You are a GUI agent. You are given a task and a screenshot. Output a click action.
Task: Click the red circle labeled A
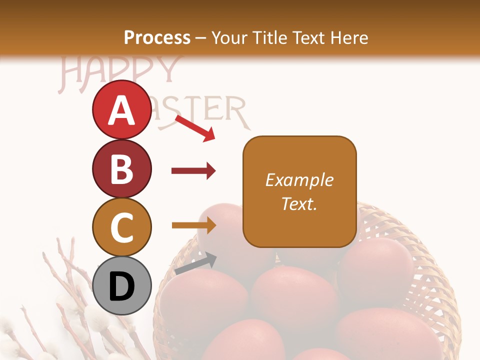122,110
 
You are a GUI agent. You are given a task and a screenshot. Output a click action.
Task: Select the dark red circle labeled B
122,168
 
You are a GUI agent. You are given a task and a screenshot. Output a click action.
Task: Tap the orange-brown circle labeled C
122,227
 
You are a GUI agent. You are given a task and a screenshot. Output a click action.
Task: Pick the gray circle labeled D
122,285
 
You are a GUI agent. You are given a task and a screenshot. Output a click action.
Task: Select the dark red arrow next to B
193,171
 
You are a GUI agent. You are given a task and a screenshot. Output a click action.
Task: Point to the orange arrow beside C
193,225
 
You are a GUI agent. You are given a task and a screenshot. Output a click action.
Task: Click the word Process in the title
157,37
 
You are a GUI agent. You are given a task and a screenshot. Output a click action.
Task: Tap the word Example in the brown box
299,180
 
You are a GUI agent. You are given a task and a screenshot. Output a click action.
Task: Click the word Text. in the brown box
299,203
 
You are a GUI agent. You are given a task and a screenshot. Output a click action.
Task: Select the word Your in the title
229,37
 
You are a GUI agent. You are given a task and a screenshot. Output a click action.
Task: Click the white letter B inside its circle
122,168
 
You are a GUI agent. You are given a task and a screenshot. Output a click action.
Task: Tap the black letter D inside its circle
122,286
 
